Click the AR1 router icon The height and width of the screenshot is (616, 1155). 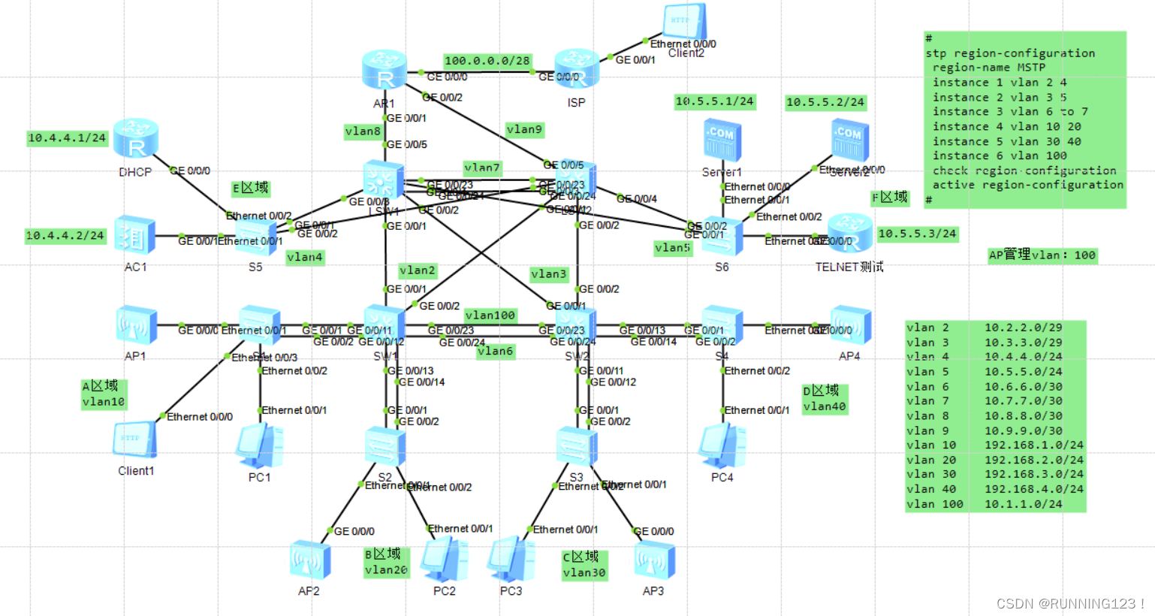pyautogui.click(x=384, y=71)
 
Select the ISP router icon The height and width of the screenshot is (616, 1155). pyautogui.click(x=577, y=70)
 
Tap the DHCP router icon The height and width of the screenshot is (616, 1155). pyautogui.click(x=136, y=140)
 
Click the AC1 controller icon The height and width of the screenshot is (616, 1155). pyautogui.click(x=135, y=235)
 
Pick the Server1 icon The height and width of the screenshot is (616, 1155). pyautogui.click(x=722, y=140)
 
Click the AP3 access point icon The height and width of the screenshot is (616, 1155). pyautogui.click(x=653, y=560)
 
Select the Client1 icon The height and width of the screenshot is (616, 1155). pyautogui.click(x=135, y=439)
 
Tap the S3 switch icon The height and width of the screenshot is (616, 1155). pyautogui.click(x=576, y=446)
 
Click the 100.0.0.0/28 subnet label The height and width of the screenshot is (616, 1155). pyautogui.click(x=487, y=61)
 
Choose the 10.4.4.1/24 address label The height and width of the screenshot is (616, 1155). pyautogui.click(x=67, y=138)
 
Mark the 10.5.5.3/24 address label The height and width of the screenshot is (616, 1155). pyautogui.click(x=917, y=234)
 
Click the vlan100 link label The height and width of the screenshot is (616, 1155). pyautogui.click(x=490, y=316)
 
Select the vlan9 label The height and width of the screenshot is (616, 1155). pyautogui.click(x=524, y=130)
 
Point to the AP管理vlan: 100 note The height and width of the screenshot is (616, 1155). pyautogui.click(x=1042, y=255)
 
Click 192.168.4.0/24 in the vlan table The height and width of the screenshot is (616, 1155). pyautogui.click(x=1033, y=489)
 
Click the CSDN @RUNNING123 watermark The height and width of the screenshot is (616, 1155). pyautogui.click(x=1069, y=604)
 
